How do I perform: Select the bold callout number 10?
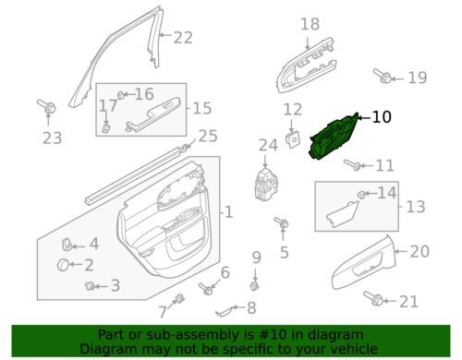(382, 117)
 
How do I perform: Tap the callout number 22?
(183, 38)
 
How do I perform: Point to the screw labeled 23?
(46, 107)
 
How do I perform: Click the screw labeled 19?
(383, 76)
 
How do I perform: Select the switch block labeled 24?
(267, 184)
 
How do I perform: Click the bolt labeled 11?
(352, 164)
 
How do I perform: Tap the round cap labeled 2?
(63, 265)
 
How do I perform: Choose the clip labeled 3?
(90, 286)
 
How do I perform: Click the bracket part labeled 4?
(67, 245)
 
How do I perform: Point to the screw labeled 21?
(373, 298)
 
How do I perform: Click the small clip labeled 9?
(254, 286)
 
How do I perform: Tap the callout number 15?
(202, 108)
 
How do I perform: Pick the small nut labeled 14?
(361, 195)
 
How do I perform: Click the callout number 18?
(310, 24)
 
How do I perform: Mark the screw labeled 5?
(281, 222)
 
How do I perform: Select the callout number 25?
(208, 136)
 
